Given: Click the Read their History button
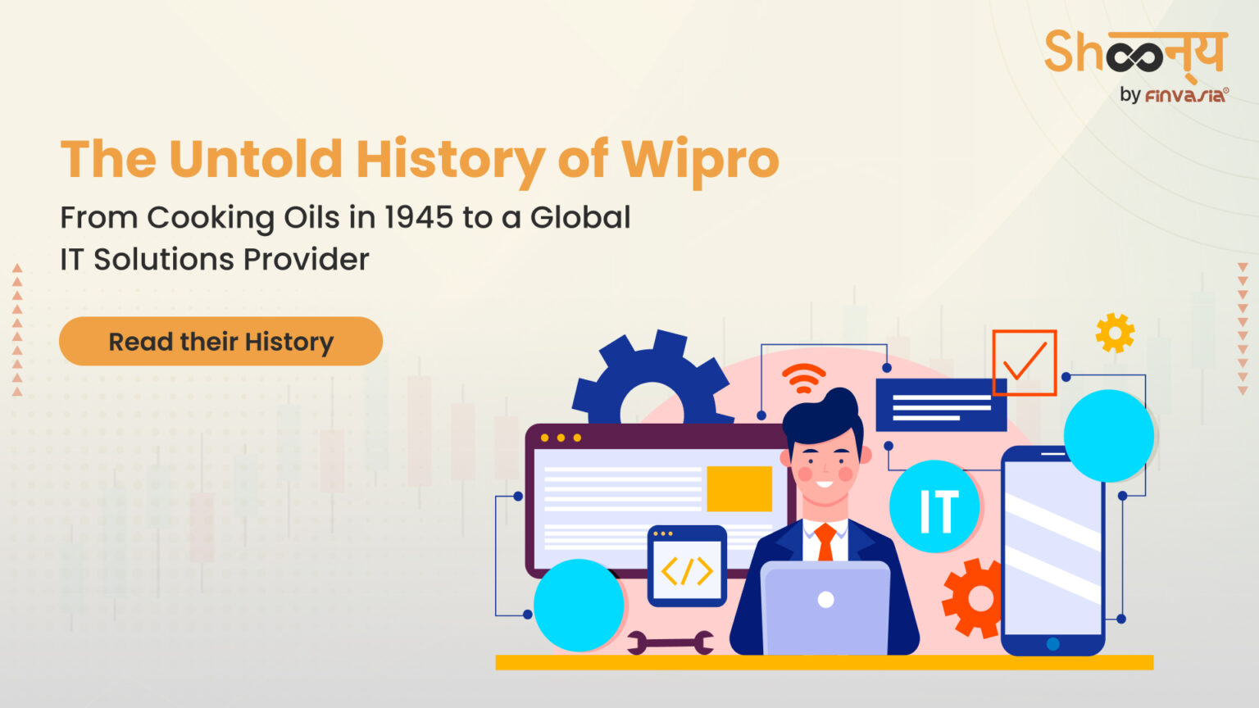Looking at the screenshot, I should pyautogui.click(x=220, y=341).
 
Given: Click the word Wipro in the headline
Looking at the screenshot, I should pyautogui.click(x=700, y=159).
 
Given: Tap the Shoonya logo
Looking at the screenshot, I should pyautogui.click(x=1135, y=53).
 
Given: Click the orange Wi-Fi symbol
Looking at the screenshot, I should pyautogui.click(x=803, y=377).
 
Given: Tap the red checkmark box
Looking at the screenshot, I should pyautogui.click(x=1024, y=362).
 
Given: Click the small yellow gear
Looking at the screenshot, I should pyautogui.click(x=1115, y=333).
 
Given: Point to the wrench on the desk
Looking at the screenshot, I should pyautogui.click(x=670, y=642).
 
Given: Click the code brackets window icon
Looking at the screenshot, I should pyautogui.click(x=687, y=567).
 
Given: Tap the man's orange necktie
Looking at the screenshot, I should pyautogui.click(x=825, y=542).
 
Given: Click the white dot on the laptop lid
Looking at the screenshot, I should pyautogui.click(x=825, y=599).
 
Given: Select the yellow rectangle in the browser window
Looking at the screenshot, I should pyautogui.click(x=739, y=488).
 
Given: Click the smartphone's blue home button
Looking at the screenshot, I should pyautogui.click(x=1053, y=644).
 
